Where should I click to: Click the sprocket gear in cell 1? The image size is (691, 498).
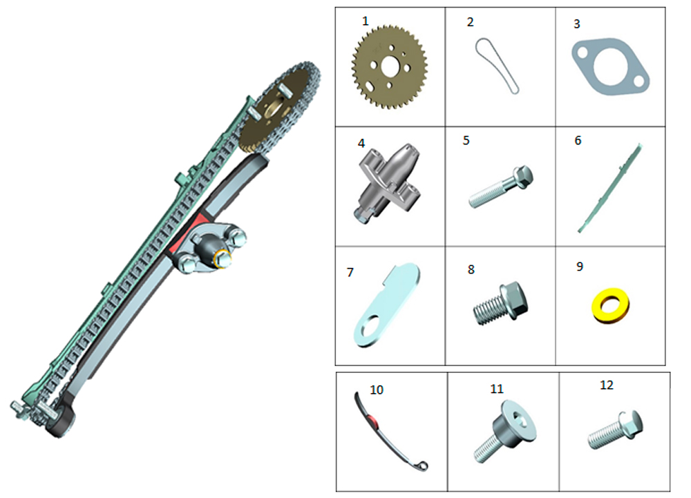pos(390,67)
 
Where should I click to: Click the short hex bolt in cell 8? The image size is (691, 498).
pos(500,303)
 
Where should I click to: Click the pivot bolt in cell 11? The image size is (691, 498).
pos(505,431)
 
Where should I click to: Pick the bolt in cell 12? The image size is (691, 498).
pos(615,430)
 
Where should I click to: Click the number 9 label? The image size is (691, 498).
pos(580,267)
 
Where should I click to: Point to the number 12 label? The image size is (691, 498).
pos(607,385)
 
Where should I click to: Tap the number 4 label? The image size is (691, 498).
pos(361,144)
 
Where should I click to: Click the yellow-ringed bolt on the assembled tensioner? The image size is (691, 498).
pos(223,259)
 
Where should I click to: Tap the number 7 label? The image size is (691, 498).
pos(350,273)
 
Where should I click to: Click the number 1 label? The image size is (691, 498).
pos(365,21)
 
